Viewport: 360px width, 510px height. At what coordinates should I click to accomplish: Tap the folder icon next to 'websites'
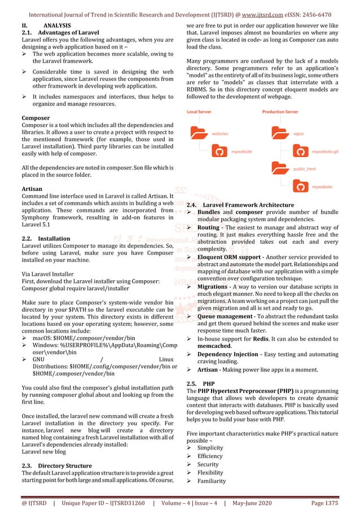pyautogui.click(x=199, y=134)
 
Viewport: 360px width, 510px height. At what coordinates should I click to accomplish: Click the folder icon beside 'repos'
pyautogui.click(x=279, y=134)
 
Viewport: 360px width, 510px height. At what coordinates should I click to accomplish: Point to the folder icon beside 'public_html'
pyautogui.click(x=279, y=169)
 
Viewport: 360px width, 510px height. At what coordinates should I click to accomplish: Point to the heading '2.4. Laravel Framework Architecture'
pyautogui.click(x=240, y=204)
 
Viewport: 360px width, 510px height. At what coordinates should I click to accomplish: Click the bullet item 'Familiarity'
pyautogui.click(x=211, y=481)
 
